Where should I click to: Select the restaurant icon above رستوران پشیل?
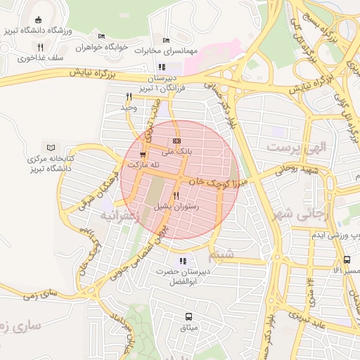click(176, 196)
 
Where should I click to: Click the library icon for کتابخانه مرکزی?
click(50, 148)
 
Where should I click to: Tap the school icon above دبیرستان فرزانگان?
click(162, 67)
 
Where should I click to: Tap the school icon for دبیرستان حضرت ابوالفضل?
click(183, 261)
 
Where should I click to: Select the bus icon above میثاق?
click(188, 316)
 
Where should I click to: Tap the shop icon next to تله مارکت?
click(143, 154)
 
